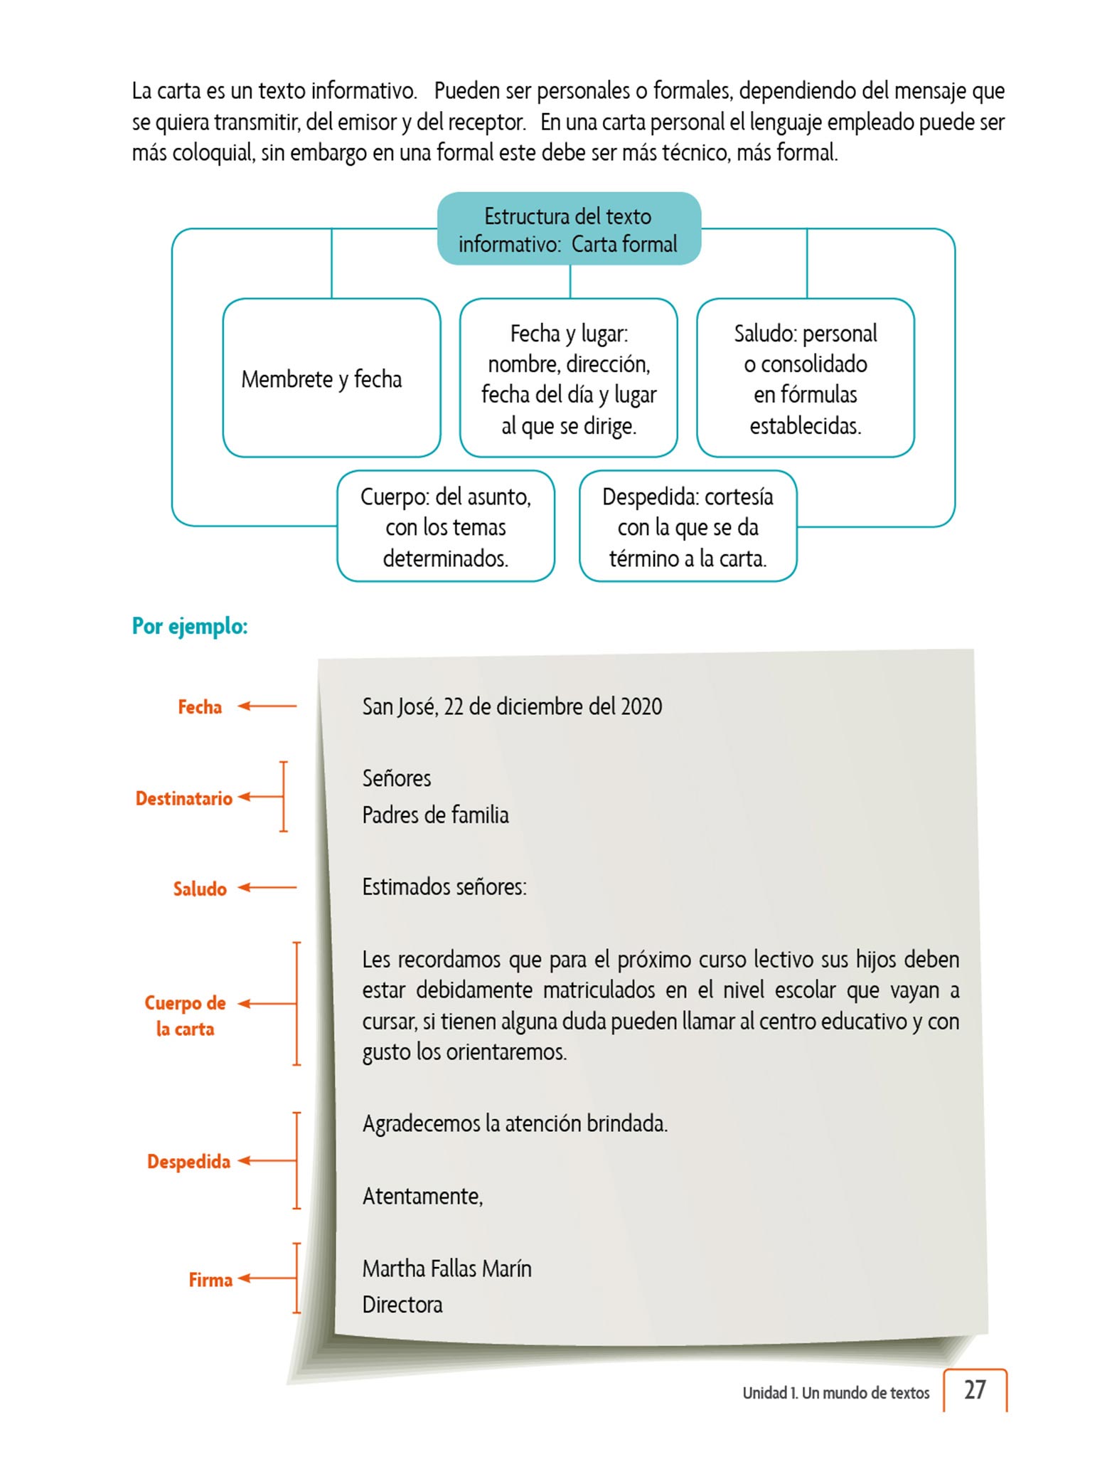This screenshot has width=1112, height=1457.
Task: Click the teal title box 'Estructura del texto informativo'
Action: [x=569, y=229]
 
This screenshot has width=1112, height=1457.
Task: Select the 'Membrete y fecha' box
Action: [x=331, y=378]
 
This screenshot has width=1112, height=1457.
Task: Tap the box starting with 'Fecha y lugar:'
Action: [x=569, y=378]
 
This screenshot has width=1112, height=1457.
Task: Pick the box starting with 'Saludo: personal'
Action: [x=805, y=378]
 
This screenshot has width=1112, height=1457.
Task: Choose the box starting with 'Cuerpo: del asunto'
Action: [x=446, y=526]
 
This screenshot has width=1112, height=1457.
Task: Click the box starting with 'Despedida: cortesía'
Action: [x=688, y=526]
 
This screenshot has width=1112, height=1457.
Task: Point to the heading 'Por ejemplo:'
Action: [x=190, y=626]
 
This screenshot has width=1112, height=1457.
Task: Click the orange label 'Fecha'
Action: [x=200, y=706]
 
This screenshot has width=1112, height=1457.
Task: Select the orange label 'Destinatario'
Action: [x=184, y=798]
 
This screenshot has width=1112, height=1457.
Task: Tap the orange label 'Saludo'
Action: [x=200, y=889]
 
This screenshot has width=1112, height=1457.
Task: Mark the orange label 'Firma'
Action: [x=210, y=1280]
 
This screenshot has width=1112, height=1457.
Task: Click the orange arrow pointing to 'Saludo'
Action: [x=267, y=887]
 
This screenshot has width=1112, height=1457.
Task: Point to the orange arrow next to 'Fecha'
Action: [x=267, y=706]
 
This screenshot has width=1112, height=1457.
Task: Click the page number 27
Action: [x=975, y=1390]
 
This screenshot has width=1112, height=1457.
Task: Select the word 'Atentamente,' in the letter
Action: [x=423, y=1197]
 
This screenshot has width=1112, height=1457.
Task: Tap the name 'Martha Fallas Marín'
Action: [x=447, y=1268]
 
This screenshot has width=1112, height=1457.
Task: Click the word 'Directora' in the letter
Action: [x=402, y=1305]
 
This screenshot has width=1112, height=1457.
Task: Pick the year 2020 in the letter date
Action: [x=641, y=706]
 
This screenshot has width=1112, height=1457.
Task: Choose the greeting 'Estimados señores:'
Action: [x=444, y=887]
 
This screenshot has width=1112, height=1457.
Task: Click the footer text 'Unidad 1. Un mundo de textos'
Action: [x=836, y=1393]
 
